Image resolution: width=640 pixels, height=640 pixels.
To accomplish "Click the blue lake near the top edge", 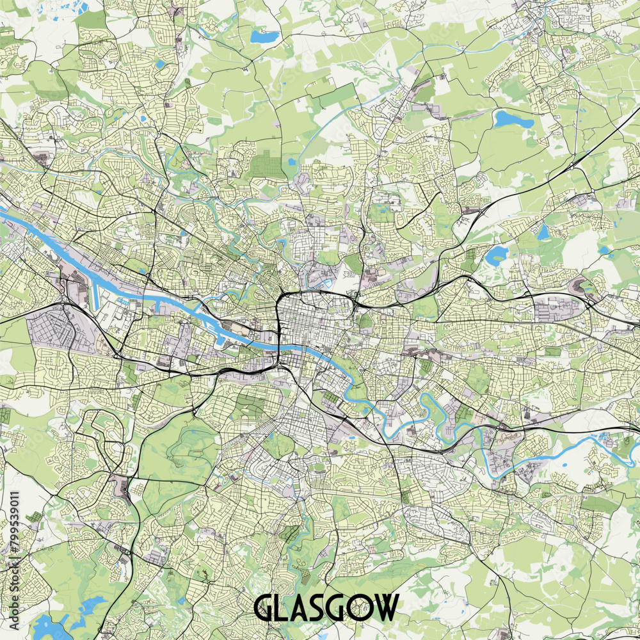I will [x=264, y=36].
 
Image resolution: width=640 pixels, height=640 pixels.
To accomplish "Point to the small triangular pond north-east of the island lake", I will [x=543, y=232].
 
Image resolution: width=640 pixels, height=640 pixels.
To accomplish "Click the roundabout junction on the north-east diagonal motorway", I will [x=568, y=168].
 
